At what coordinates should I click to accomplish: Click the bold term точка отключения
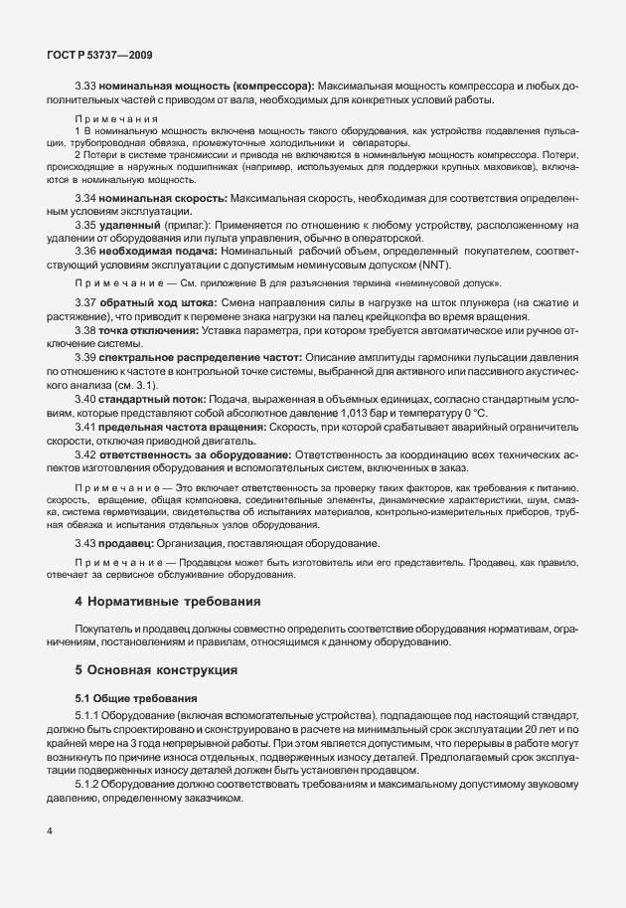[145, 339]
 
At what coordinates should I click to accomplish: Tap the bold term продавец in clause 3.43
[127, 543]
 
